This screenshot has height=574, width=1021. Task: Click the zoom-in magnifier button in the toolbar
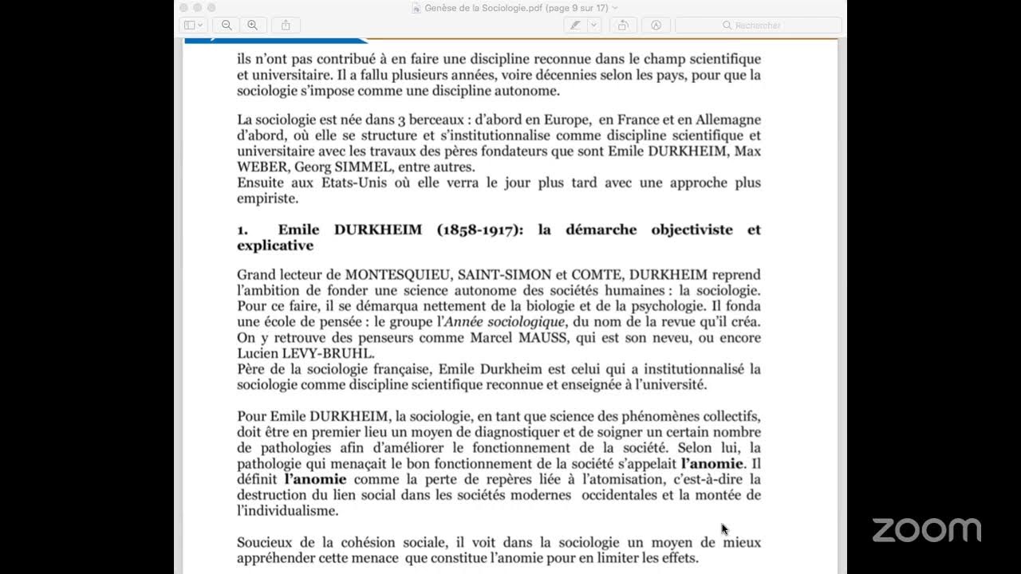point(253,26)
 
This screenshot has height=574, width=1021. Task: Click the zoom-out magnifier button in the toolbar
point(227,26)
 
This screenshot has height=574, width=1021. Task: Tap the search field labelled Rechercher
point(758,26)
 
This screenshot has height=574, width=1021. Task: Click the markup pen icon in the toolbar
point(574,26)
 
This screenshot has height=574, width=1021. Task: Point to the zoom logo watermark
point(926,530)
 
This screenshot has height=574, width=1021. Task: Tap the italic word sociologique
point(525,322)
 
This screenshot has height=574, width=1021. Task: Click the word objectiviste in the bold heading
point(692,230)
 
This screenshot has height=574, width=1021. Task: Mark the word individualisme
point(288,511)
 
